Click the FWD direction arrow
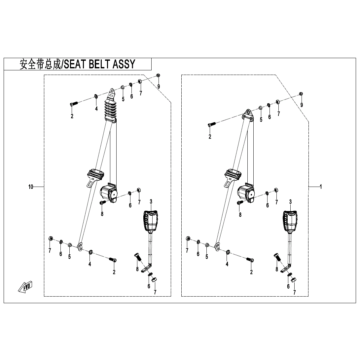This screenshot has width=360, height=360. tap(26, 287)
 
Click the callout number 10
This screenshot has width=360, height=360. tap(31, 187)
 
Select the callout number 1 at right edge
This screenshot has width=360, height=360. tap(320, 187)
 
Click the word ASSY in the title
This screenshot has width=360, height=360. tap(124, 64)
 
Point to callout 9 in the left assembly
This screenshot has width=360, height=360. tap(159, 87)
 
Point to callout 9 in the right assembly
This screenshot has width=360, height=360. tap(301, 105)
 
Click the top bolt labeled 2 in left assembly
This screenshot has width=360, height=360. tap(74, 104)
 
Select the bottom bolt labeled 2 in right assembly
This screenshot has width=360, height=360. tap(250, 260)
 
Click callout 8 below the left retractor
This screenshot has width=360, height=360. tap(102, 214)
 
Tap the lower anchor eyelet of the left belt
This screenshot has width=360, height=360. tap(79, 246)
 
